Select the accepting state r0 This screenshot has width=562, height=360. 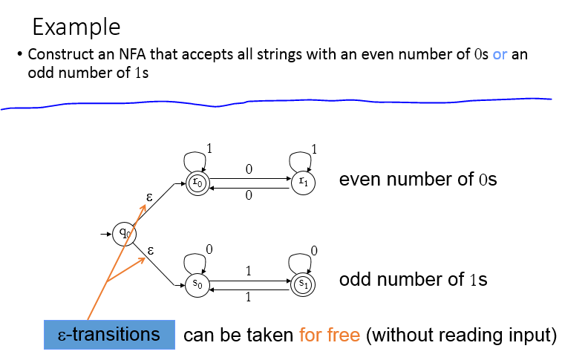click(197, 183)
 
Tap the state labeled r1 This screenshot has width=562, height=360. click(302, 183)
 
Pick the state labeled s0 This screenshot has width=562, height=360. click(197, 284)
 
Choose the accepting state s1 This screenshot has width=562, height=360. click(302, 284)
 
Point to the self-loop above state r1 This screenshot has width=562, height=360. click(302, 159)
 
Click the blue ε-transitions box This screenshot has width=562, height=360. click(109, 335)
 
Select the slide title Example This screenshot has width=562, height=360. click(76, 27)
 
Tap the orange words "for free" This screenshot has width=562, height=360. click(330, 335)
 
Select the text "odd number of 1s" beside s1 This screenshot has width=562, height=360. click(413, 280)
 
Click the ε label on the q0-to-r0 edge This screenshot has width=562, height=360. click(151, 197)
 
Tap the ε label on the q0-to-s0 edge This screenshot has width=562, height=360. click(151, 250)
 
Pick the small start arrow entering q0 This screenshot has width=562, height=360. click(106, 235)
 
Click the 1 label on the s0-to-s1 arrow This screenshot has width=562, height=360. click(248, 272)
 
